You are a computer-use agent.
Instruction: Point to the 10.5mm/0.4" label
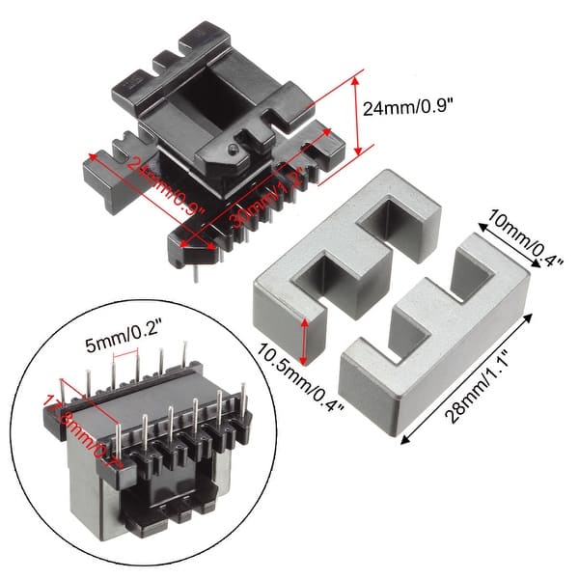292,379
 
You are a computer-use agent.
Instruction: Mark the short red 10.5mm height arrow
308,340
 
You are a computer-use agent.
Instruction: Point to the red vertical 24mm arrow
359,114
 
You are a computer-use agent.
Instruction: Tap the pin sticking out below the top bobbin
196,274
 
